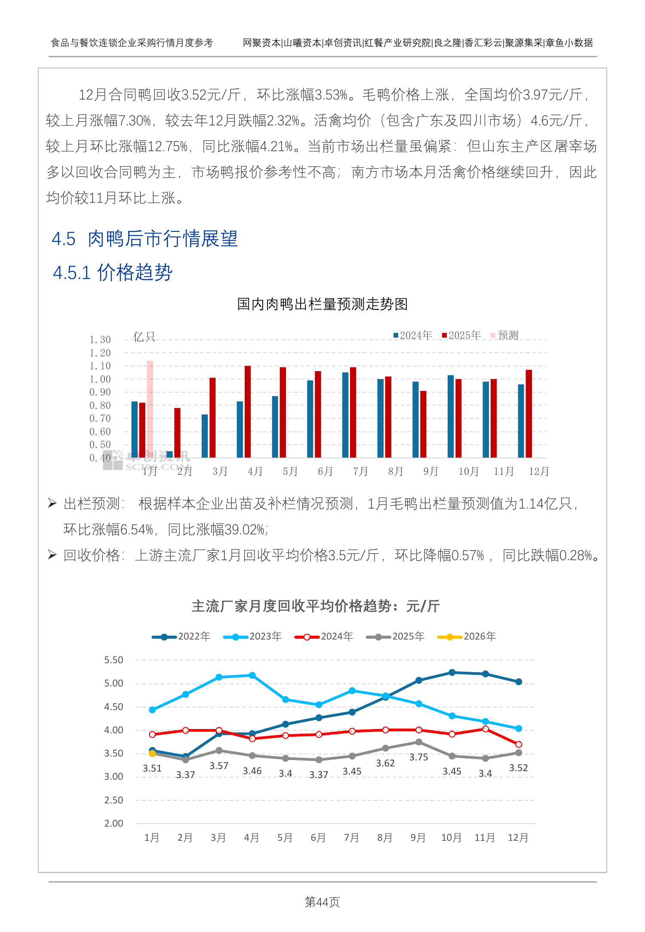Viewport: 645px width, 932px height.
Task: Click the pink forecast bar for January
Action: [x=150, y=409]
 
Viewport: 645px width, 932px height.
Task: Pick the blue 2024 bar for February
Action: [x=169, y=454]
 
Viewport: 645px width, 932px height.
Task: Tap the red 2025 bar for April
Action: [x=248, y=411]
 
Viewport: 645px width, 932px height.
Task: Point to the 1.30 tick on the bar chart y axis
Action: [x=100, y=340]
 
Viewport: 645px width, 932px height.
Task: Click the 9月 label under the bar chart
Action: [x=431, y=471]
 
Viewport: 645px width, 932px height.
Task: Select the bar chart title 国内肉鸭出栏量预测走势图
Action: [x=322, y=304]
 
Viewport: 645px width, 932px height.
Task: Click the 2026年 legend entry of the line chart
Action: [x=467, y=637]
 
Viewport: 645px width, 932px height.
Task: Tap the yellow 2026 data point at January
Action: [x=152, y=754]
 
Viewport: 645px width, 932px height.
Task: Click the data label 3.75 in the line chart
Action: [x=418, y=757]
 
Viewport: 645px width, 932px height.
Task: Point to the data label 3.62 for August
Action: [x=385, y=763]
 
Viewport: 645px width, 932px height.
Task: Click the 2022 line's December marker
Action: [x=519, y=682]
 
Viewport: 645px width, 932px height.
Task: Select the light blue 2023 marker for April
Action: [x=252, y=676]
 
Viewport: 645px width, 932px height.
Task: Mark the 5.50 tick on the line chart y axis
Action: [x=114, y=660]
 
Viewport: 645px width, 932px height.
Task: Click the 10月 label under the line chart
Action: [x=451, y=838]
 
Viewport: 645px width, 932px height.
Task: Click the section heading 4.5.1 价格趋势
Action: [x=113, y=273]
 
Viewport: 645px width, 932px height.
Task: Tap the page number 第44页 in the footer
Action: [x=322, y=902]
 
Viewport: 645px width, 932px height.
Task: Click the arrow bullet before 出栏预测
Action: [x=52, y=503]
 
